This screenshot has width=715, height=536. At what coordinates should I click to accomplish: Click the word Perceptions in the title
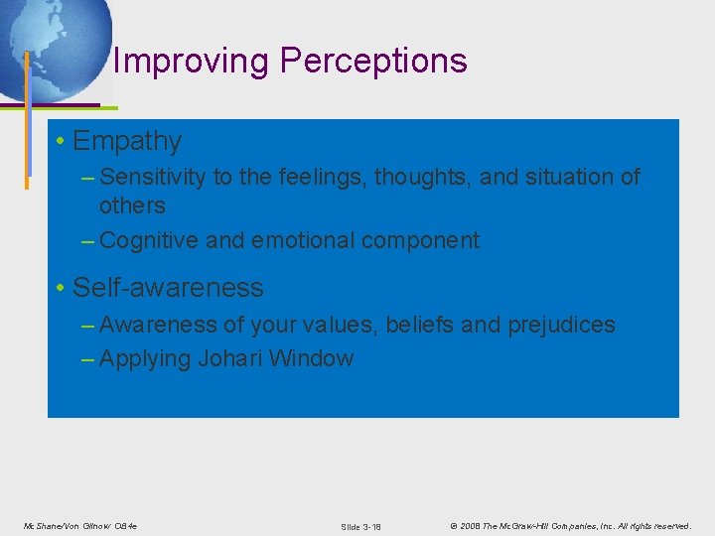(372, 62)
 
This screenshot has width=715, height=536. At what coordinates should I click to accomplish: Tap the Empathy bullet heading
(126, 142)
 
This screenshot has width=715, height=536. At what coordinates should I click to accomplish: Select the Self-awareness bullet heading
(168, 288)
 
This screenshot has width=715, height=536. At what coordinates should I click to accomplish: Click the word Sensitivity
(153, 178)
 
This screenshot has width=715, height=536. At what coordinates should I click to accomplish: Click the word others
(132, 205)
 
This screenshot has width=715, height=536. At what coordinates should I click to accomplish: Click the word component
(427, 240)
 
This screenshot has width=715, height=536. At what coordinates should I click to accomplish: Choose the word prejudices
(563, 325)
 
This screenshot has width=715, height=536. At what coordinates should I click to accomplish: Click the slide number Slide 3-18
(360, 525)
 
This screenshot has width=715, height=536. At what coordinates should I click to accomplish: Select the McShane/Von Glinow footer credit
(80, 525)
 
